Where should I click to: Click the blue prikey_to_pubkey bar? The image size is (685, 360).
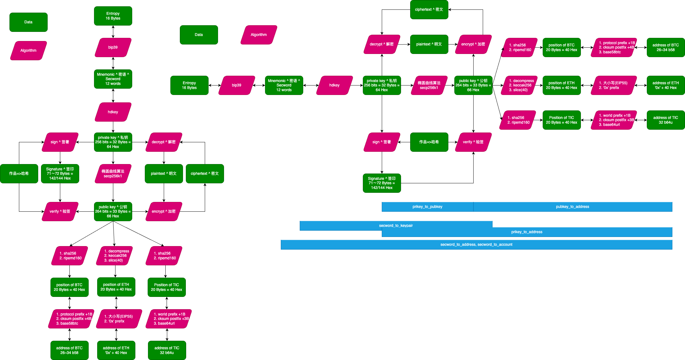(427, 207)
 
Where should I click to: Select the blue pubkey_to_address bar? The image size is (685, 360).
(572, 207)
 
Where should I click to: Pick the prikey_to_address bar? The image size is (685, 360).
(527, 232)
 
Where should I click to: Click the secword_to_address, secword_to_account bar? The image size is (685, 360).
(476, 245)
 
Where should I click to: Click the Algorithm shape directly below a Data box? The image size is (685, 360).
(28, 50)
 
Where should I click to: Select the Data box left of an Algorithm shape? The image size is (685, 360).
(199, 35)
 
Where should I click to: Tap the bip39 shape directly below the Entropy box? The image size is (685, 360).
(113, 47)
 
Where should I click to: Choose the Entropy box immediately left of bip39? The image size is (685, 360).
(189, 85)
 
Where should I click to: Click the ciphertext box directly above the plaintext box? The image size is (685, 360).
(429, 9)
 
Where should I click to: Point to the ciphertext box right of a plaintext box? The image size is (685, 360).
(205, 174)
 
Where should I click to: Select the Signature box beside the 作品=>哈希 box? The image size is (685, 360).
(60, 174)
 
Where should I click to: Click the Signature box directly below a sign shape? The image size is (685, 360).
(382, 183)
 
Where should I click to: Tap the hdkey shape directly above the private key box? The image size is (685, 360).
(113, 112)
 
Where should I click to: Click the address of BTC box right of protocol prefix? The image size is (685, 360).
(666, 47)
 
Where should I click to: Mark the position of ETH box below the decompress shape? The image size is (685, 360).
(116, 287)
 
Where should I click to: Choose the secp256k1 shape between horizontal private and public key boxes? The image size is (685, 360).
(429, 85)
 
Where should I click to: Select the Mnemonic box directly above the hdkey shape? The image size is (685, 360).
(113, 79)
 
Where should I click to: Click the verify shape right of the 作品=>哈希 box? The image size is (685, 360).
(473, 142)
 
